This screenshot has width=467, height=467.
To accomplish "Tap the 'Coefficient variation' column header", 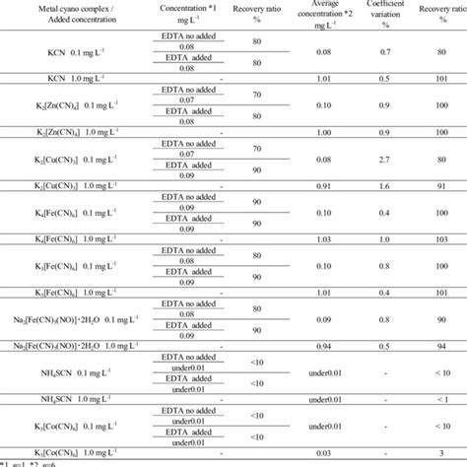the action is coord(386,17).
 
